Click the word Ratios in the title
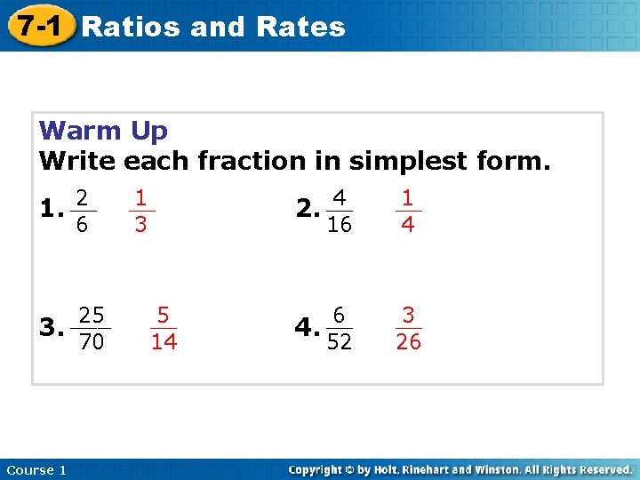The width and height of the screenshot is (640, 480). pos(131,27)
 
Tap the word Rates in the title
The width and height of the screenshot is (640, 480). pos(300,27)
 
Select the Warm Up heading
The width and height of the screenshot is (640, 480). pos(103,131)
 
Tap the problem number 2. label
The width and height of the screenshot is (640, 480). pos(307,212)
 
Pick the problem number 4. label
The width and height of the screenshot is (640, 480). pos(307,329)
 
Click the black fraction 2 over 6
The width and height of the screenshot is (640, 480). pos(81,212)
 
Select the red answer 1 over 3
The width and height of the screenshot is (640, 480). pos(140,211)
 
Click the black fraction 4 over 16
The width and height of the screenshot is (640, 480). pos(339,211)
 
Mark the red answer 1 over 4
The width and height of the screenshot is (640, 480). pos(407,211)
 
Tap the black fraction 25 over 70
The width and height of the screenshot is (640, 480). pos(92,328)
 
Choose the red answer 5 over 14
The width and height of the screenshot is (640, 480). pos(164,328)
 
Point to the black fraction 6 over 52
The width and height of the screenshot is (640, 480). pos(339,328)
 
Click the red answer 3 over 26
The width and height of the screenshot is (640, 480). pos(408,328)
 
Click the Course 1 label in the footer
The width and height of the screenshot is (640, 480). pos(36,469)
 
